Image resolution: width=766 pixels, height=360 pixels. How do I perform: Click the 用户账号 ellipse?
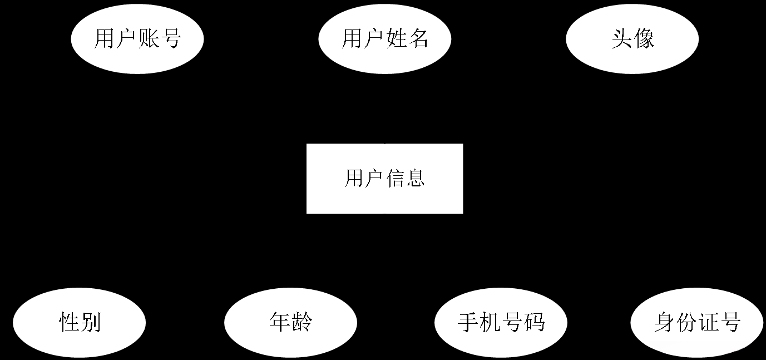point(137,39)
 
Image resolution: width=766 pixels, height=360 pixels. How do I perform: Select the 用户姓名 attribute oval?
point(384,39)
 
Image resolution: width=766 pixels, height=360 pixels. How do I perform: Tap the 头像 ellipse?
point(632,39)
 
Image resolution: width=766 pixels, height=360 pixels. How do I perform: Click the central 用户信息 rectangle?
point(384,179)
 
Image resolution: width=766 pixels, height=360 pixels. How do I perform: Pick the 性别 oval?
point(80,323)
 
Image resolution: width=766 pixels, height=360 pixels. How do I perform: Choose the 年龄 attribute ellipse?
point(290,323)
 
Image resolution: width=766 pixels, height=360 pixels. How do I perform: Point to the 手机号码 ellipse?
point(501,323)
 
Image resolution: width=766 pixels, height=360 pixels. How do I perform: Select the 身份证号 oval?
point(697,323)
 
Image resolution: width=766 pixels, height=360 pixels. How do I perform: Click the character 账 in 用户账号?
point(149,40)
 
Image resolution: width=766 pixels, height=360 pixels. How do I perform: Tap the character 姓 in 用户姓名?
point(396,40)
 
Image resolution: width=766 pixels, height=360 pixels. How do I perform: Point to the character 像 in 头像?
point(643,40)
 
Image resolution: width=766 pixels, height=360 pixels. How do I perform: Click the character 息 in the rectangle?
point(415,179)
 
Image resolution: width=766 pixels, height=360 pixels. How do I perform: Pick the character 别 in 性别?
point(91,323)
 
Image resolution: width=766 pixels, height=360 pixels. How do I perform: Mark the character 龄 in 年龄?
point(302,323)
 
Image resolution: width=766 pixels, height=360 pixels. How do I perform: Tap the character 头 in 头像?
point(621,40)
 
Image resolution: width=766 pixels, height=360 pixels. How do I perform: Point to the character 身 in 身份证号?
point(664,323)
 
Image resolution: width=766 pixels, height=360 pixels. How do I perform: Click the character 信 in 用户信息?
point(395,179)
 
